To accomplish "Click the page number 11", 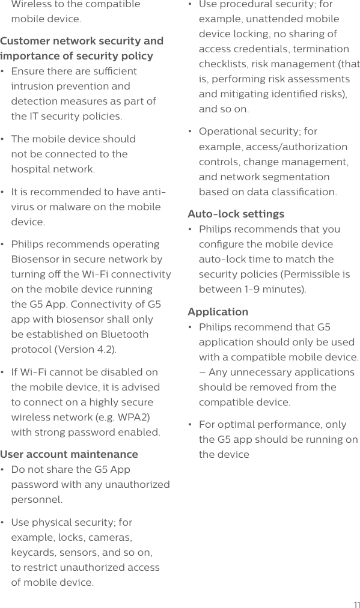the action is pos(356,604).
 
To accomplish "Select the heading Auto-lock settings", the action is pos(236,214).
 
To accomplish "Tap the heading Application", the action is pos(218,312).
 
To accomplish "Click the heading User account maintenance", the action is pos(69,454).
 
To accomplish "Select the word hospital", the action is pos(31,169).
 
